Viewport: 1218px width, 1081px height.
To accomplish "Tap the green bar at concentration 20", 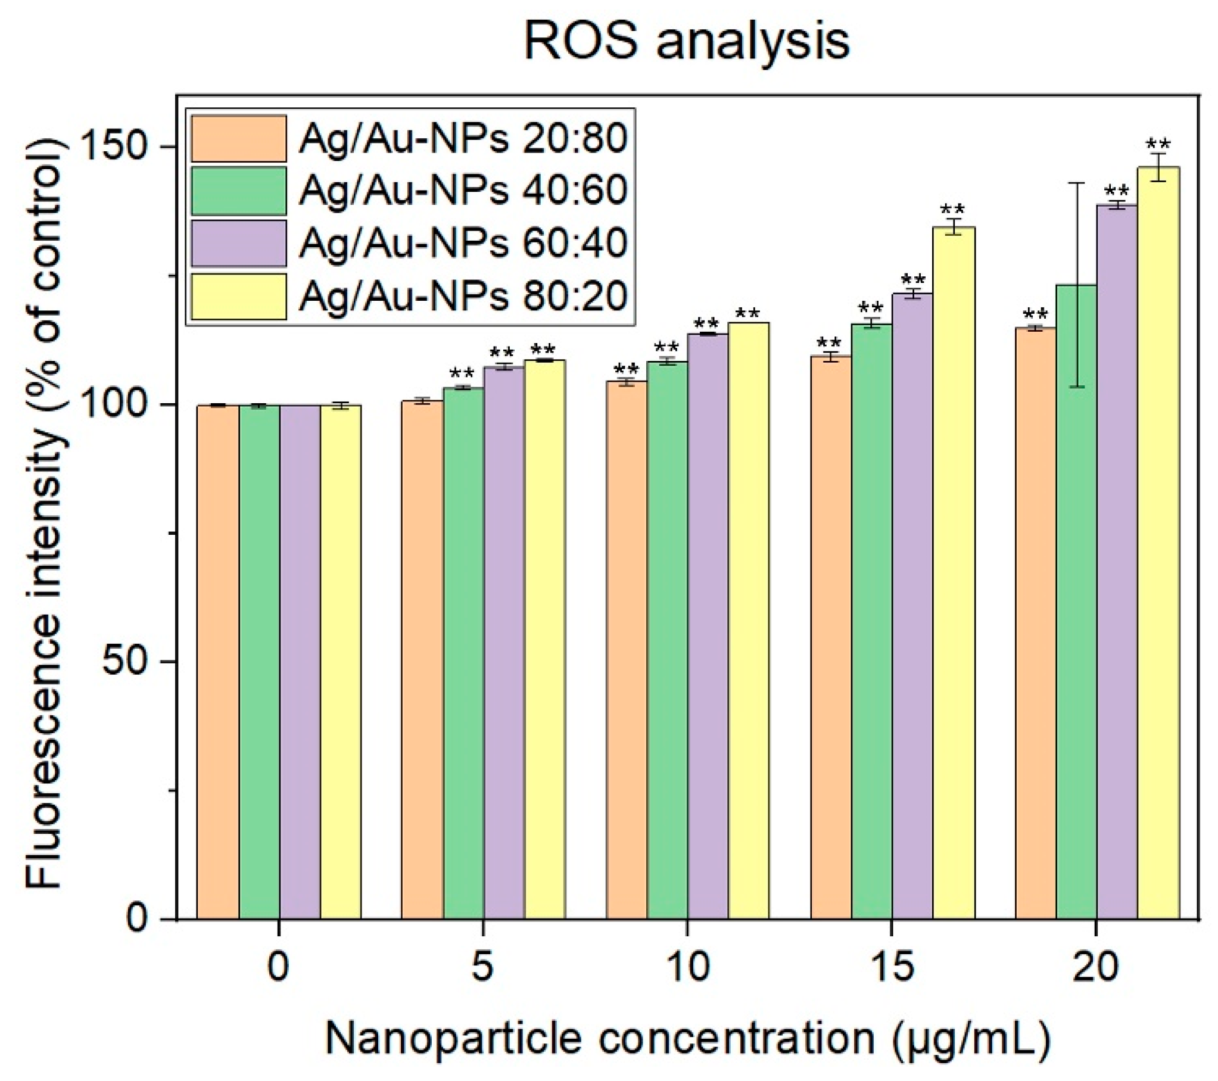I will click(x=1076, y=602).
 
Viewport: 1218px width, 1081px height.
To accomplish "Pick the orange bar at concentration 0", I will click(x=218, y=662).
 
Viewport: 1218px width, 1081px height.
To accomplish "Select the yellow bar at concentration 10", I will click(x=749, y=620).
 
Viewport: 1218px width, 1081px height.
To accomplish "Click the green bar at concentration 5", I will click(x=463, y=653).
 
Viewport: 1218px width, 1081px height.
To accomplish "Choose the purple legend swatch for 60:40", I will click(x=238, y=243).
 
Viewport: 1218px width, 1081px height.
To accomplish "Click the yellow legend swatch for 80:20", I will click(x=238, y=296).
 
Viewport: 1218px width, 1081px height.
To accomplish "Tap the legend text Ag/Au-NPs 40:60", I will click(x=463, y=191).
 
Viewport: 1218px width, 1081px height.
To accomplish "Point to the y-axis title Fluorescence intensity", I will click(x=45, y=512).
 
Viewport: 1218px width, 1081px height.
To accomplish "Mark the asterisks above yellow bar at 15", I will click(x=952, y=210).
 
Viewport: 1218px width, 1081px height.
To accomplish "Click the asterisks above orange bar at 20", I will click(x=1035, y=314).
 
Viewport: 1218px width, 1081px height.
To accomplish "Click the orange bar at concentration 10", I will click(x=627, y=650).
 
